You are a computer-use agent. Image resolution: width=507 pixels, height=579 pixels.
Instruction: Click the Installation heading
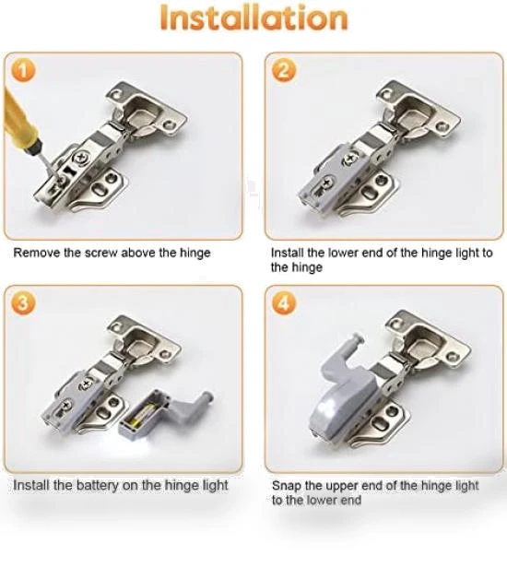(253, 18)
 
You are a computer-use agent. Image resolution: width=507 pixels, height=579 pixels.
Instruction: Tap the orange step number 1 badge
(23, 70)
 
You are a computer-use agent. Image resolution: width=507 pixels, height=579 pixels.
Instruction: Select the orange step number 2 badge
(284, 70)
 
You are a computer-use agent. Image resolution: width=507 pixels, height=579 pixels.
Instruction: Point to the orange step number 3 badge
(23, 303)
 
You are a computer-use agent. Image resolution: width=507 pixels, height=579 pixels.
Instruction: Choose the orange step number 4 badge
(284, 303)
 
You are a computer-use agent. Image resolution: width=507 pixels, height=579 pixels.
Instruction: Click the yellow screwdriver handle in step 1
(19, 119)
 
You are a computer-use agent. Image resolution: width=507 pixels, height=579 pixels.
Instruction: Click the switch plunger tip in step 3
(208, 397)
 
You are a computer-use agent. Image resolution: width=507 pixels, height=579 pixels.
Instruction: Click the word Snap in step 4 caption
(286, 486)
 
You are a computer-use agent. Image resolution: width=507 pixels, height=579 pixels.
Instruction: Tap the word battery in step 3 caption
(98, 485)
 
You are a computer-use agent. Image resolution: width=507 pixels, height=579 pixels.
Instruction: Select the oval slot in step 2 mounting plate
(371, 193)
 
